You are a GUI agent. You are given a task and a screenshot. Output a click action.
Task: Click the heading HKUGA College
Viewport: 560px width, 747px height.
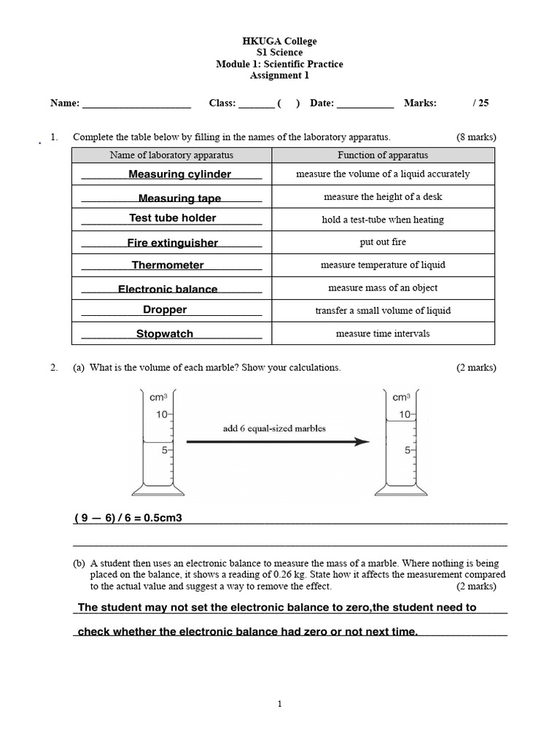click(x=280, y=41)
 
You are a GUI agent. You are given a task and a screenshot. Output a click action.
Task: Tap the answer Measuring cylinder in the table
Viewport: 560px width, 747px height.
click(x=179, y=174)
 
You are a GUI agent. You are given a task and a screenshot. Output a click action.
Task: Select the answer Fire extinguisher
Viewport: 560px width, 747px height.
click(x=172, y=243)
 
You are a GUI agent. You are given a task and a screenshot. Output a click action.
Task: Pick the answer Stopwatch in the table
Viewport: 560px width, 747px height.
click(x=165, y=334)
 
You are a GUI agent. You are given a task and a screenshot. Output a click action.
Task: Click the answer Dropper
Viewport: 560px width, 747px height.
click(x=165, y=310)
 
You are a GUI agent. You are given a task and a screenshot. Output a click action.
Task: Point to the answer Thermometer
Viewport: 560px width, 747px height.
click(x=168, y=266)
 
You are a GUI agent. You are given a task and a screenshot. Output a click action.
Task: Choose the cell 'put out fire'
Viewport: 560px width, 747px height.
click(x=383, y=242)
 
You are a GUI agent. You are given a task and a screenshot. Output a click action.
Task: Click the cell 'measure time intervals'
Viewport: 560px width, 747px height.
click(x=383, y=334)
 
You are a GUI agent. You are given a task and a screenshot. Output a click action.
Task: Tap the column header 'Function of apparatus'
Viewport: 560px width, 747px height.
click(x=383, y=155)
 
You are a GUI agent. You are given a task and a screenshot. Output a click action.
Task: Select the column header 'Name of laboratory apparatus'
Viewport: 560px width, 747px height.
click(x=171, y=155)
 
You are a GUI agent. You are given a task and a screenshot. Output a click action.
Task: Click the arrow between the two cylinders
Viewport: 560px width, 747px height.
click(x=277, y=442)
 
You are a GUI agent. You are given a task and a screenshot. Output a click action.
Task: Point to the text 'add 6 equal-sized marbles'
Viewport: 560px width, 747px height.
click(x=274, y=429)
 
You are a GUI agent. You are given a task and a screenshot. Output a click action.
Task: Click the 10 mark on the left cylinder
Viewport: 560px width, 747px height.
click(x=161, y=414)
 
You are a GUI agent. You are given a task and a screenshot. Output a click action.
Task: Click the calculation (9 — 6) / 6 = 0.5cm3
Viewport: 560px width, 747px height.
click(x=128, y=518)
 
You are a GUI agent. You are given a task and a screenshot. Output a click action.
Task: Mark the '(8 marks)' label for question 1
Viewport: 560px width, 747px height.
click(x=476, y=137)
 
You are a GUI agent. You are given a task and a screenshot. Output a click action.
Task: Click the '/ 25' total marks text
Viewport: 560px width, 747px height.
click(x=481, y=104)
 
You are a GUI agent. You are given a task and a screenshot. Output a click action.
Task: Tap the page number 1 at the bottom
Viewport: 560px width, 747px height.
click(x=280, y=704)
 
